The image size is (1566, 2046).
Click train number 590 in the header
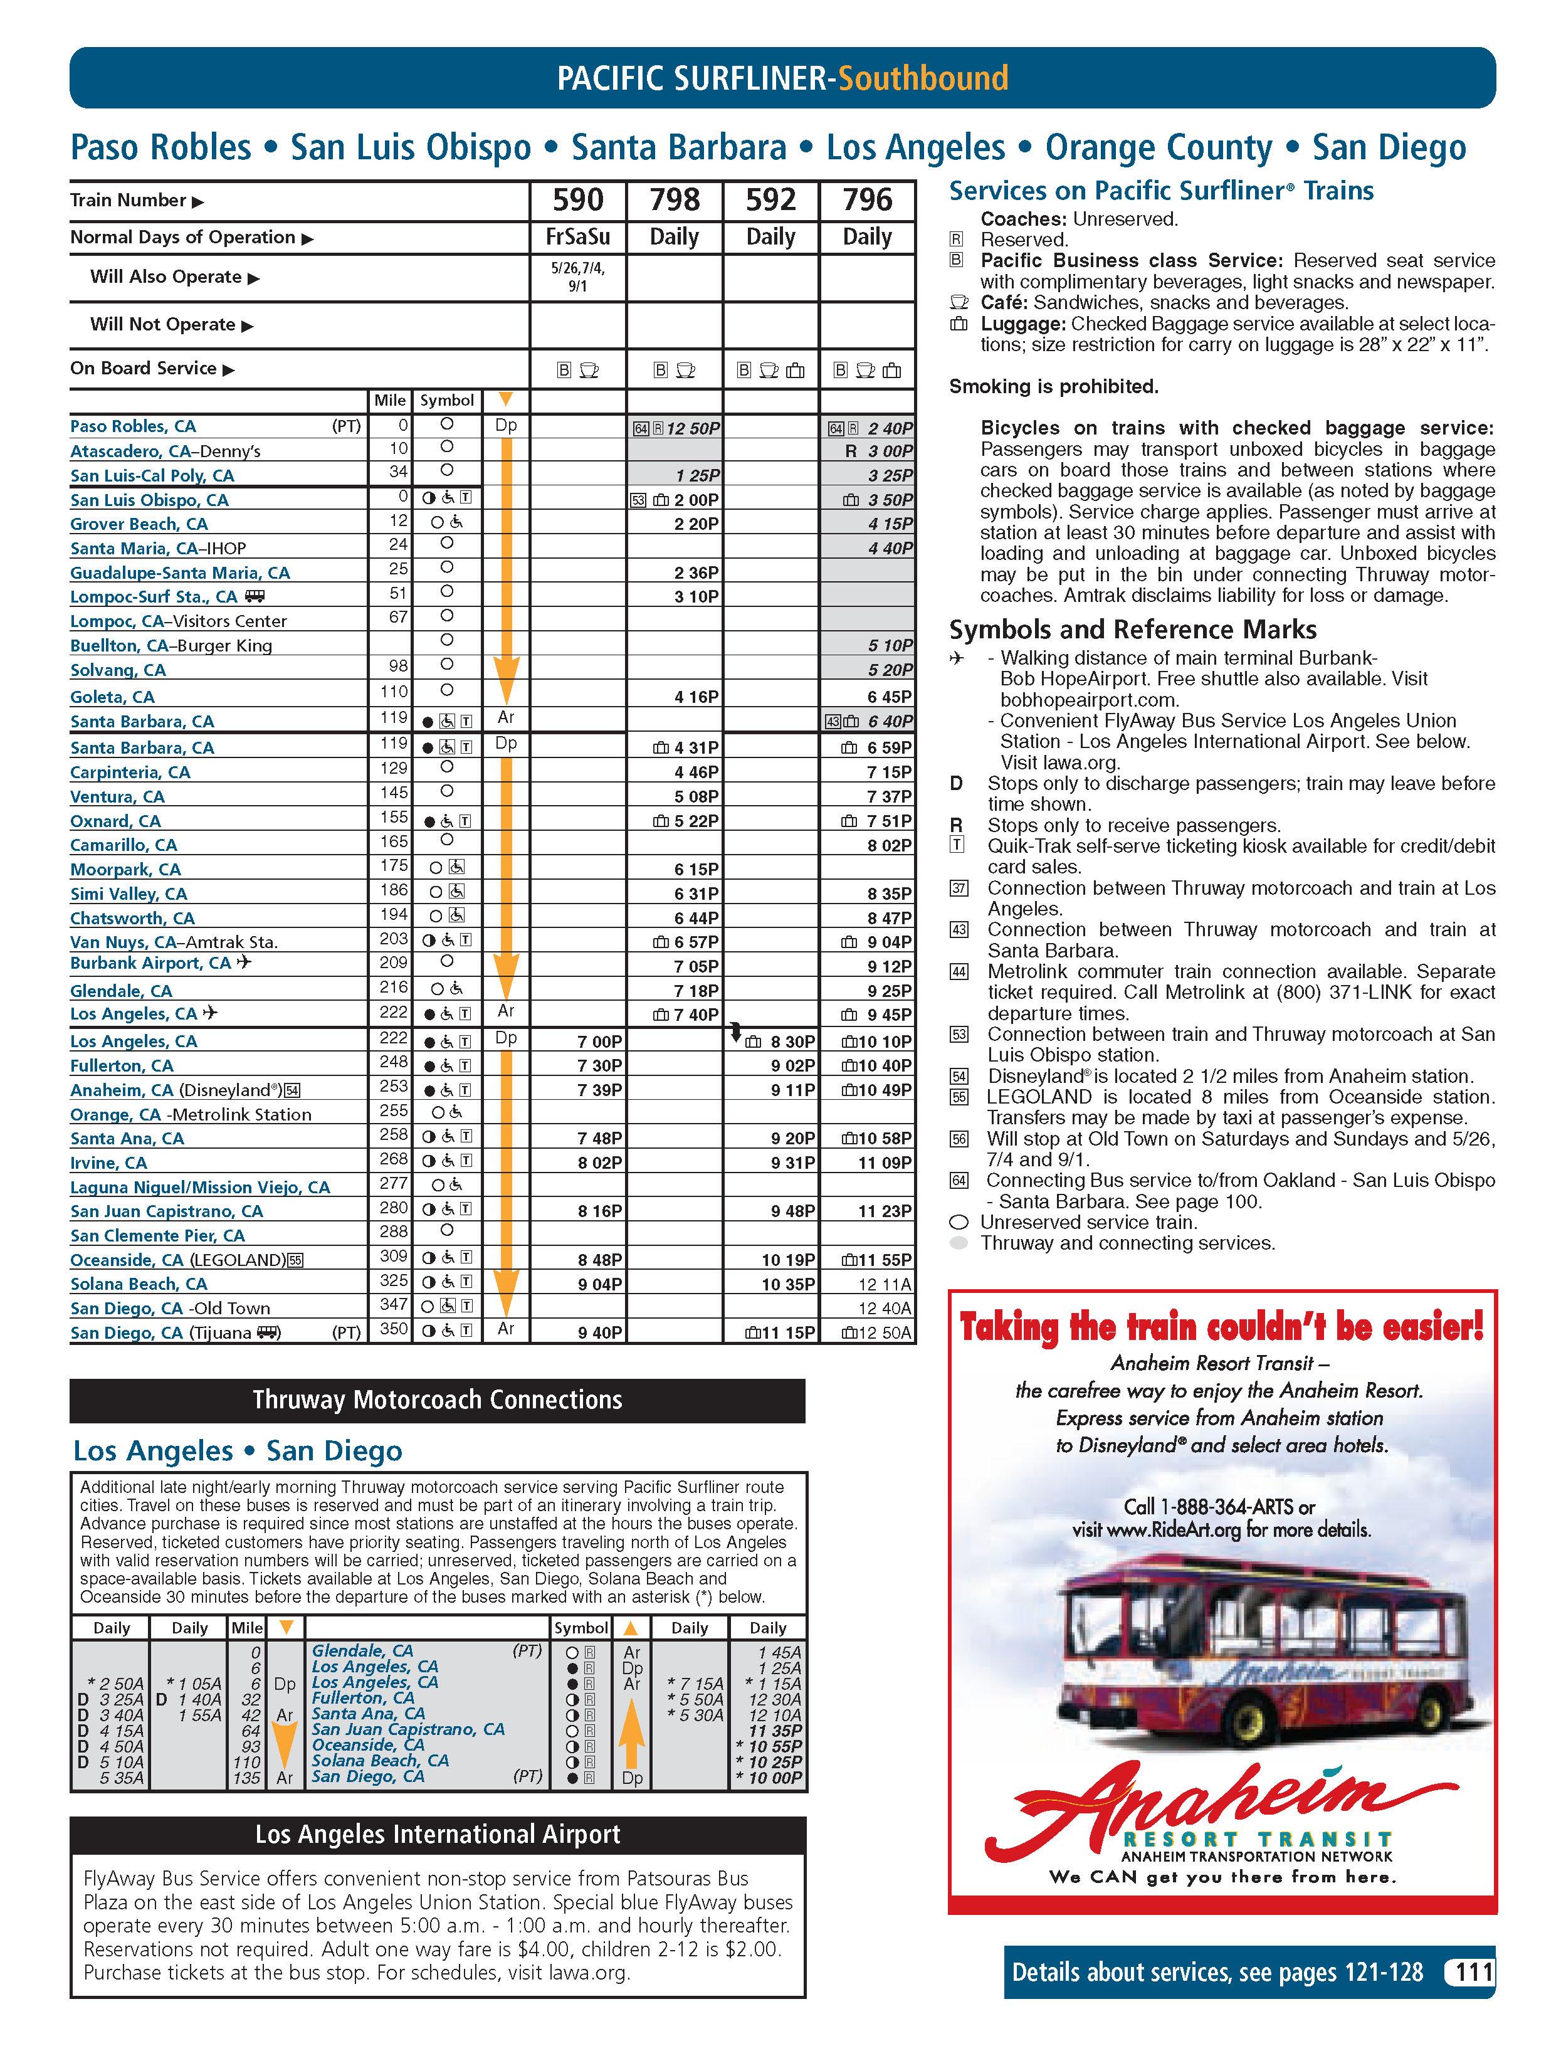coord(578,199)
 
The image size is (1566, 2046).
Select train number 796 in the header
coord(867,199)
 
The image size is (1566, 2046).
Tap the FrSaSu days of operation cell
coord(578,237)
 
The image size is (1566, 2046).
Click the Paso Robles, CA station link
coord(134,426)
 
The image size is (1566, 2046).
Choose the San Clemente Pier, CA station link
coord(157,1235)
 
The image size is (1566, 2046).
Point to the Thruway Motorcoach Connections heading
coord(437,1400)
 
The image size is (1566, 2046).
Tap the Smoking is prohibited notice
coord(1053,386)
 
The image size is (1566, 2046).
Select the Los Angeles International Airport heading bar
coord(437,1835)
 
